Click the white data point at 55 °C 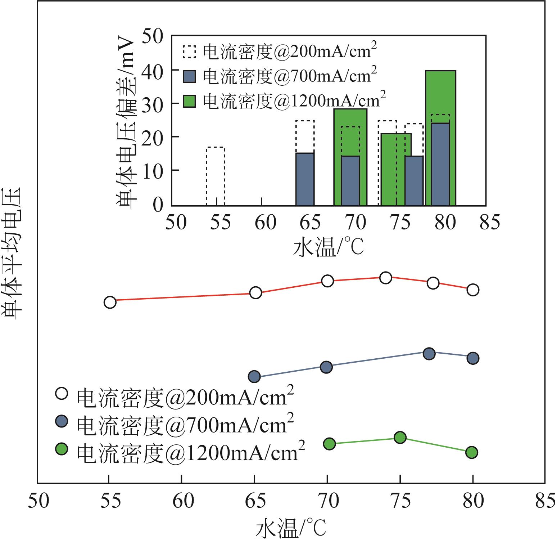click(x=110, y=302)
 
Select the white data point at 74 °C click(x=385, y=278)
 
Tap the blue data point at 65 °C click(x=254, y=377)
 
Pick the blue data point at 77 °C click(x=429, y=354)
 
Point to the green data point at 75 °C click(x=400, y=438)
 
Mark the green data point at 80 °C click(x=472, y=452)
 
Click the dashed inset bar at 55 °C click(x=216, y=176)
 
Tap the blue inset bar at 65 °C click(x=305, y=179)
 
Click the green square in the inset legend click(x=189, y=101)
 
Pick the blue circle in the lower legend click(x=62, y=421)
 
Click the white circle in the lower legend click(x=62, y=393)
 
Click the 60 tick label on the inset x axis click(x=265, y=223)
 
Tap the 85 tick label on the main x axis click(x=545, y=501)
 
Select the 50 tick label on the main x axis click(x=38, y=501)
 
